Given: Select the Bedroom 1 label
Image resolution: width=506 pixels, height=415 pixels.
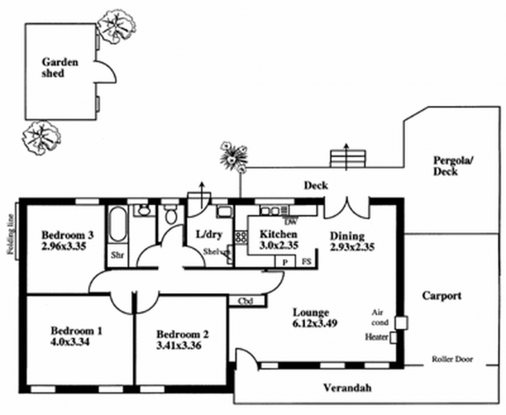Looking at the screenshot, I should [x=77, y=330].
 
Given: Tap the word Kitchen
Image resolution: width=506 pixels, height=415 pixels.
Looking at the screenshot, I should [x=279, y=235].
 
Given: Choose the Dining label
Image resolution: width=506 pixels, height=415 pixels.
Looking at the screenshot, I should [x=348, y=237].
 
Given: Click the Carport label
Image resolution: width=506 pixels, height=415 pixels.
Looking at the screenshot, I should [x=442, y=295].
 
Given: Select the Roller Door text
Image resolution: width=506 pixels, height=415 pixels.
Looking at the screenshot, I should [x=450, y=359].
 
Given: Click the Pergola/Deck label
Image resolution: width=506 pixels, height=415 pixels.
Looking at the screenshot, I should [x=454, y=165].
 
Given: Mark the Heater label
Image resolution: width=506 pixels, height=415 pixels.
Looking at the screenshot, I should [x=377, y=337].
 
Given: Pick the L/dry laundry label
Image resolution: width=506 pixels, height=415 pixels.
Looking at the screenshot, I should [x=209, y=235].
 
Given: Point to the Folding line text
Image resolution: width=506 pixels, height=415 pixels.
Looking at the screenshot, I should [x=11, y=232].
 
